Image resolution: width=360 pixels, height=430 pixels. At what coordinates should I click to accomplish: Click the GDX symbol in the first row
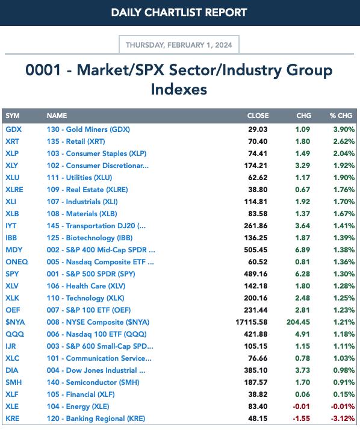(13, 129)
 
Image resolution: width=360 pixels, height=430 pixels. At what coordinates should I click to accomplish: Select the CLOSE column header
(258, 116)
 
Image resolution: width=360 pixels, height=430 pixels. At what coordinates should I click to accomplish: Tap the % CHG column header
(341, 116)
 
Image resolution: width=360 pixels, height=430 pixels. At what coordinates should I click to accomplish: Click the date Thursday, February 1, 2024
(179, 45)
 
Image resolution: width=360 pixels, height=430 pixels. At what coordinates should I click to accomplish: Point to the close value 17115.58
(252, 322)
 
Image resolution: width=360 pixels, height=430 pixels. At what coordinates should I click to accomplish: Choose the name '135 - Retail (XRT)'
(76, 142)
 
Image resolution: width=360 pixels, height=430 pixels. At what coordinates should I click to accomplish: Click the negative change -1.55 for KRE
(301, 419)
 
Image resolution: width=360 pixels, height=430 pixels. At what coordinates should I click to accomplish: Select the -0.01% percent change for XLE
(343, 407)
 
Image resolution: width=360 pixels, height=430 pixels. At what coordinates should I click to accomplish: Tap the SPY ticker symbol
(12, 274)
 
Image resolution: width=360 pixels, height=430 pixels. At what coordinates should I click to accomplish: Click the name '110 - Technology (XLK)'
(85, 298)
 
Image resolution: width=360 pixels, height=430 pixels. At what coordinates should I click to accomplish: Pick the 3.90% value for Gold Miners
(344, 129)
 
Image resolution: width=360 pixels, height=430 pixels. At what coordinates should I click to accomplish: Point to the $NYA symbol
(15, 322)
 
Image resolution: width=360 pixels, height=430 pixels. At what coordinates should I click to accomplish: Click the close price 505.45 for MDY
(256, 250)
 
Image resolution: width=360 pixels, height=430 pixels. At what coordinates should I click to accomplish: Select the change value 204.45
(299, 322)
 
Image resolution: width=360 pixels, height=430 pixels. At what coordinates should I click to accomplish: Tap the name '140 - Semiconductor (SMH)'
(93, 382)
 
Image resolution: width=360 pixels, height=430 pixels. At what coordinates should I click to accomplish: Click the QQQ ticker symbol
(15, 334)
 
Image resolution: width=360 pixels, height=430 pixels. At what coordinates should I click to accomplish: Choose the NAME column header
(57, 116)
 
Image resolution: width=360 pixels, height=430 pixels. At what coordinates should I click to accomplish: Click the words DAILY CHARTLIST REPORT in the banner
(179, 13)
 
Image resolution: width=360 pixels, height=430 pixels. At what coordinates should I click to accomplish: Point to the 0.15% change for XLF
(344, 394)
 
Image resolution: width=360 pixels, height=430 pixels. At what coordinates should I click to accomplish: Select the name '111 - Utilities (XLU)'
(79, 178)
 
